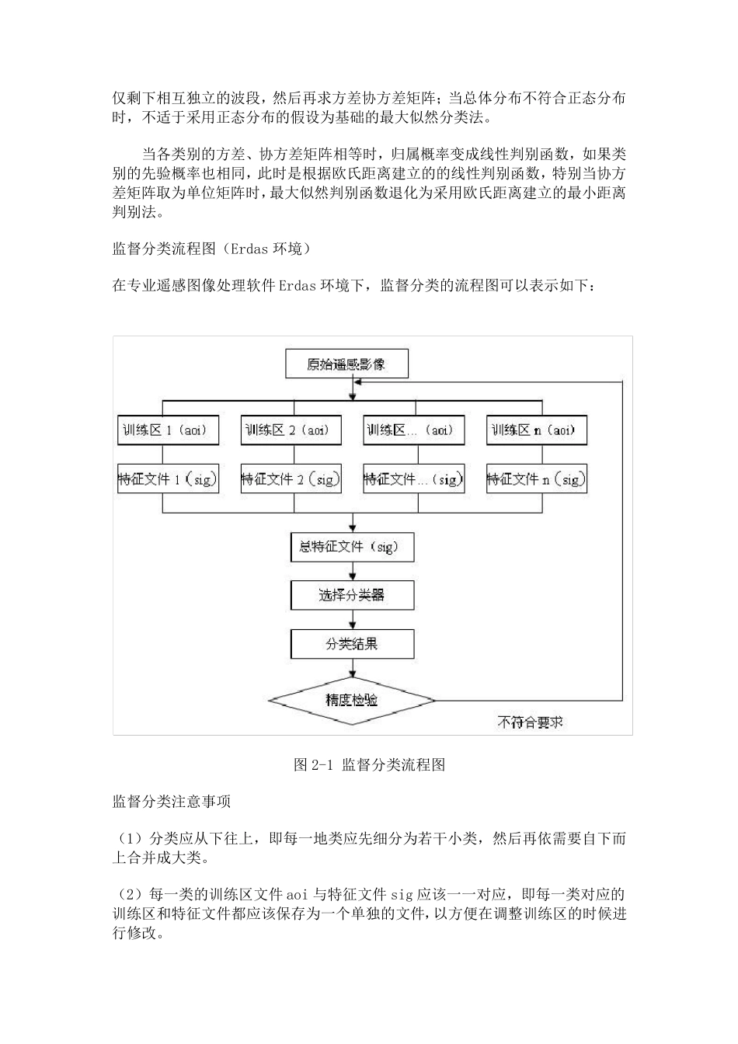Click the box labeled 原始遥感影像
coord(346,364)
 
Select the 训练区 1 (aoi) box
coord(167,430)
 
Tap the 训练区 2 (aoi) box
coord(291,430)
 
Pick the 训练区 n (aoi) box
coord(535,430)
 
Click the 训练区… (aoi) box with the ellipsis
coord(413,430)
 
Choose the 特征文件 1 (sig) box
coord(167,479)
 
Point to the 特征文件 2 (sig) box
coord(291,479)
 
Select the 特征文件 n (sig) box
coord(535,479)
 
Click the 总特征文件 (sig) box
coord(352,547)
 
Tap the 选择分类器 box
coord(352,595)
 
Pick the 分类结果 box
coord(352,643)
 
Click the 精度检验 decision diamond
coord(352,700)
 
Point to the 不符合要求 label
coord(531,722)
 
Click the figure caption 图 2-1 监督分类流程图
coord(369,765)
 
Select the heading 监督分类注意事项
coord(172,801)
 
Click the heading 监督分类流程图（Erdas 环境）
coord(212,249)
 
